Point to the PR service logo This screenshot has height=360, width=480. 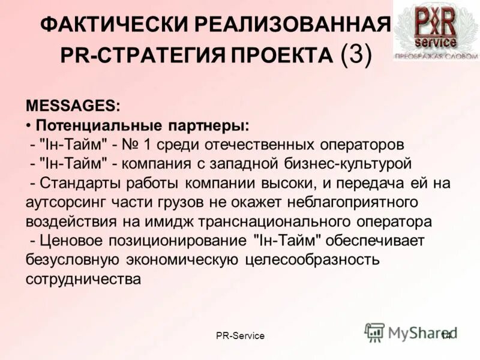[436, 29]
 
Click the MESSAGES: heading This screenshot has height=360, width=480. [73, 106]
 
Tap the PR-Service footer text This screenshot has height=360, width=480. [240, 335]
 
